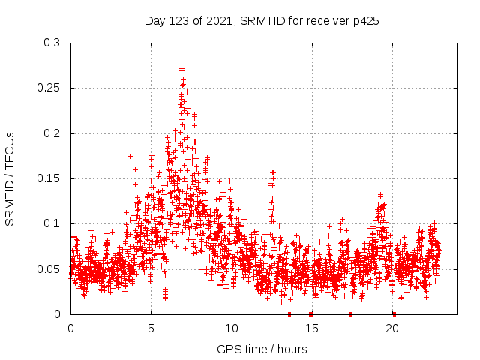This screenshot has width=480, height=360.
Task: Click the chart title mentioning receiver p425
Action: coord(262,20)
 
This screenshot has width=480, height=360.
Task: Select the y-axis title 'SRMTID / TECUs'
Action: coord(10,178)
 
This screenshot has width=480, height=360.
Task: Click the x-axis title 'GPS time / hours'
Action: coord(262,349)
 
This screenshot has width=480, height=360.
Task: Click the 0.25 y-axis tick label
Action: coord(48,88)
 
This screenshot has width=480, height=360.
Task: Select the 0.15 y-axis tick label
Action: coord(48,178)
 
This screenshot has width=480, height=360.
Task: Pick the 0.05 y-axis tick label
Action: coord(48,268)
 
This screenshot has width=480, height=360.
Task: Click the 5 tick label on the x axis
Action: coord(151,328)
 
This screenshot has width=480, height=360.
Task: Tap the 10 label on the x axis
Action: coord(232,328)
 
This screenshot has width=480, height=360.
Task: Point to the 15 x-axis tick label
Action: coord(312,328)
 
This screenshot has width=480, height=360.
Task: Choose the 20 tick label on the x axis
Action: coord(393,328)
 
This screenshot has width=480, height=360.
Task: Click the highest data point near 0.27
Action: coord(182,69)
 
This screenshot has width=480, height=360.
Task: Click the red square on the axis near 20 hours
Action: coord(394,313)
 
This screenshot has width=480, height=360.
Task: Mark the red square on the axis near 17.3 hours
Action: coord(349,313)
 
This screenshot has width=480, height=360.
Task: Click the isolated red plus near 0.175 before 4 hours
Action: coord(130,156)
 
